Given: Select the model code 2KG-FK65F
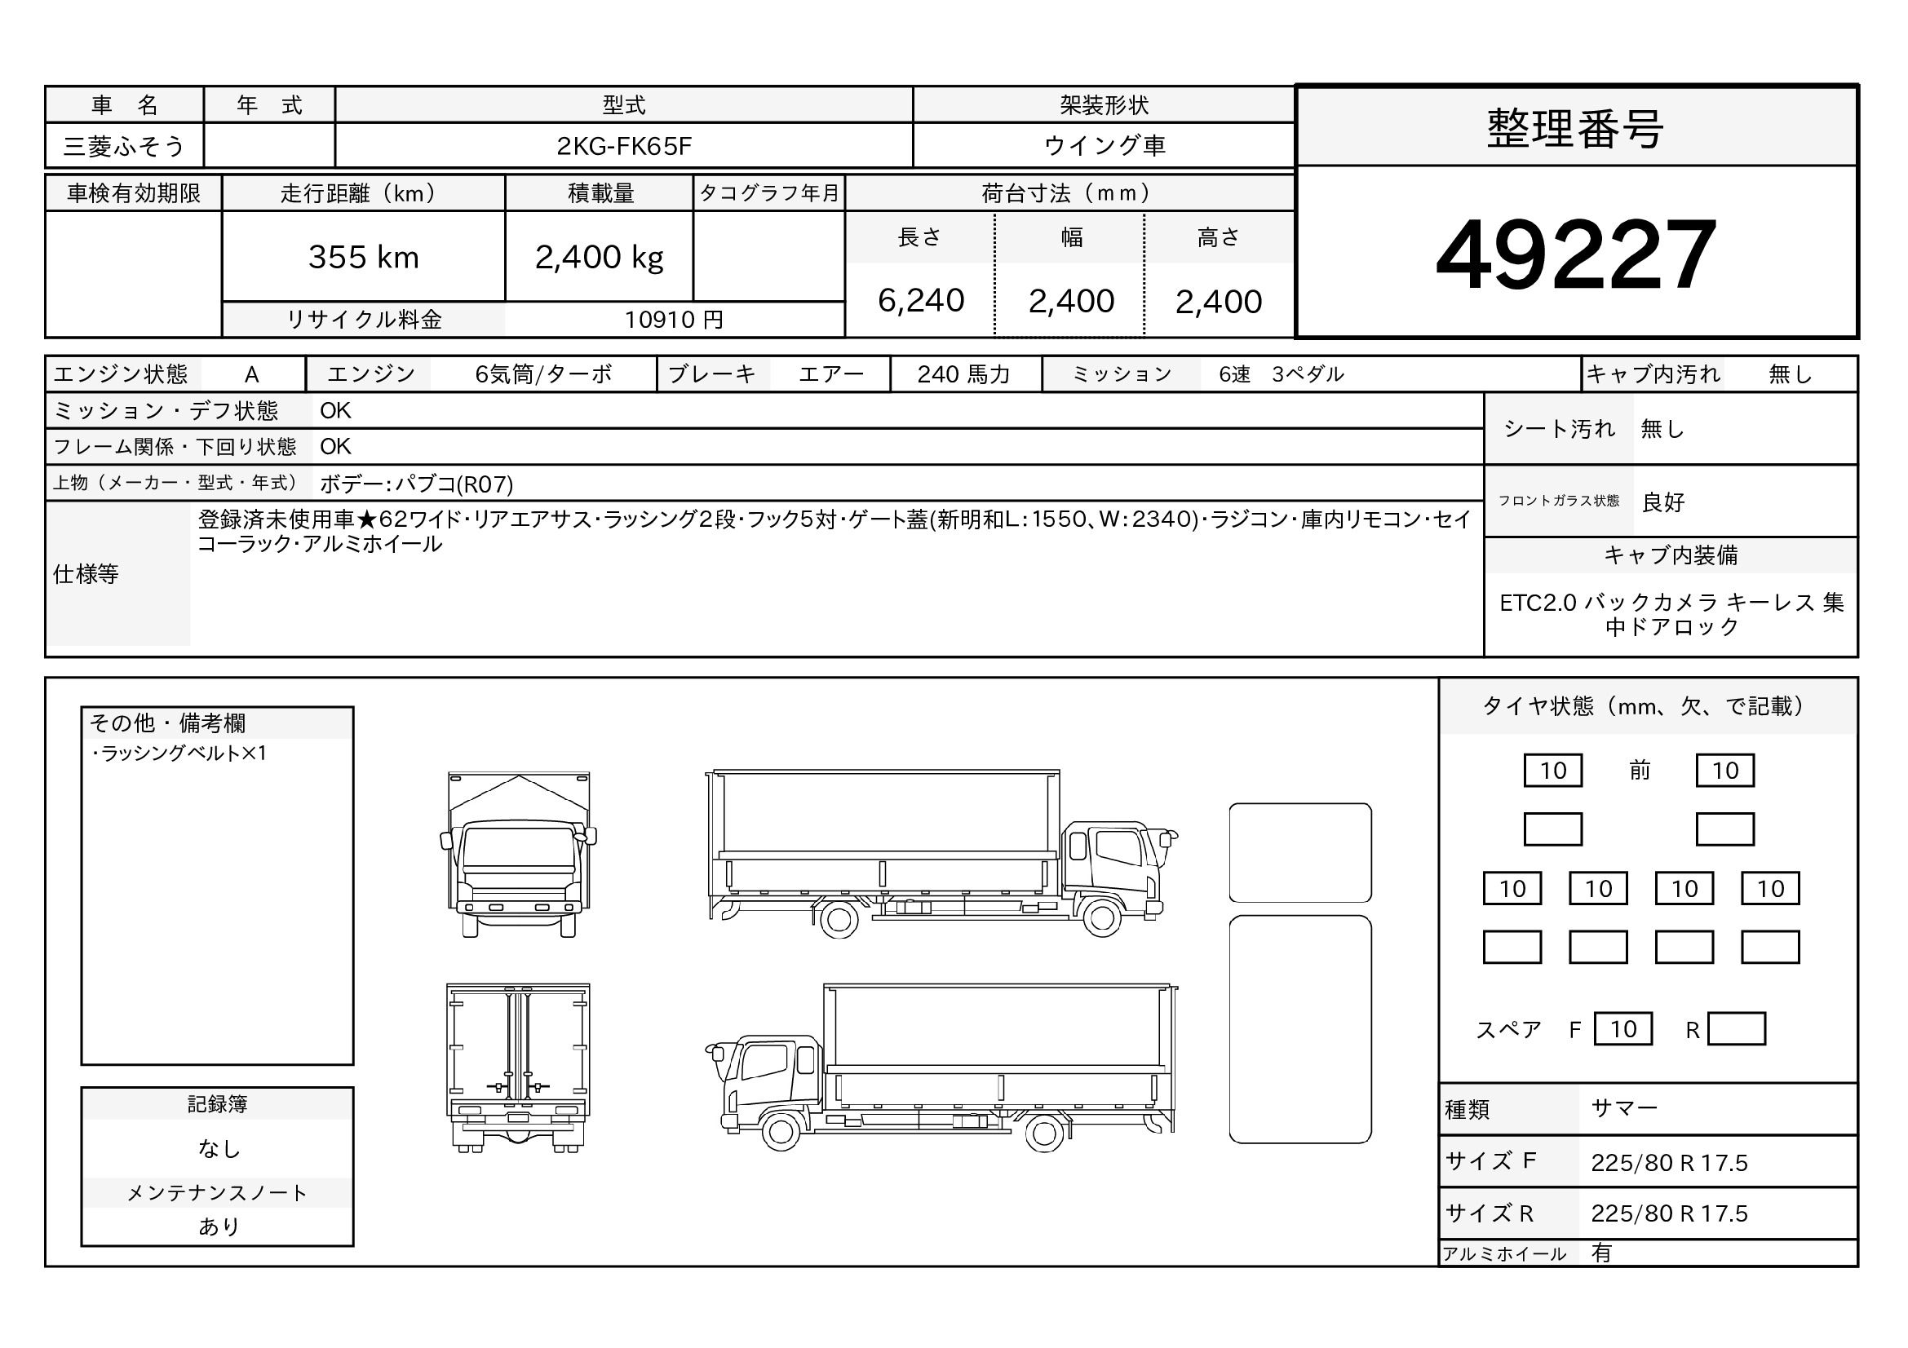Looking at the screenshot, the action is [x=624, y=146].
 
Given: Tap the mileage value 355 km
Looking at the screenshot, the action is [x=364, y=258].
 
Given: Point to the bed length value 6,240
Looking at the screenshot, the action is [x=921, y=301].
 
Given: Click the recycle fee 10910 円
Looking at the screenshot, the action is [x=674, y=320].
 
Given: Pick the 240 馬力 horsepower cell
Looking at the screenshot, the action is [x=964, y=374].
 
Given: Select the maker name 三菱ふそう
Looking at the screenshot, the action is [x=124, y=146].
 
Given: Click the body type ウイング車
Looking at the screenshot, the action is [x=1105, y=145].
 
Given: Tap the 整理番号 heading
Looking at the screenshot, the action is [x=1576, y=129].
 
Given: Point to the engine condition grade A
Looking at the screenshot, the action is [x=252, y=374].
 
